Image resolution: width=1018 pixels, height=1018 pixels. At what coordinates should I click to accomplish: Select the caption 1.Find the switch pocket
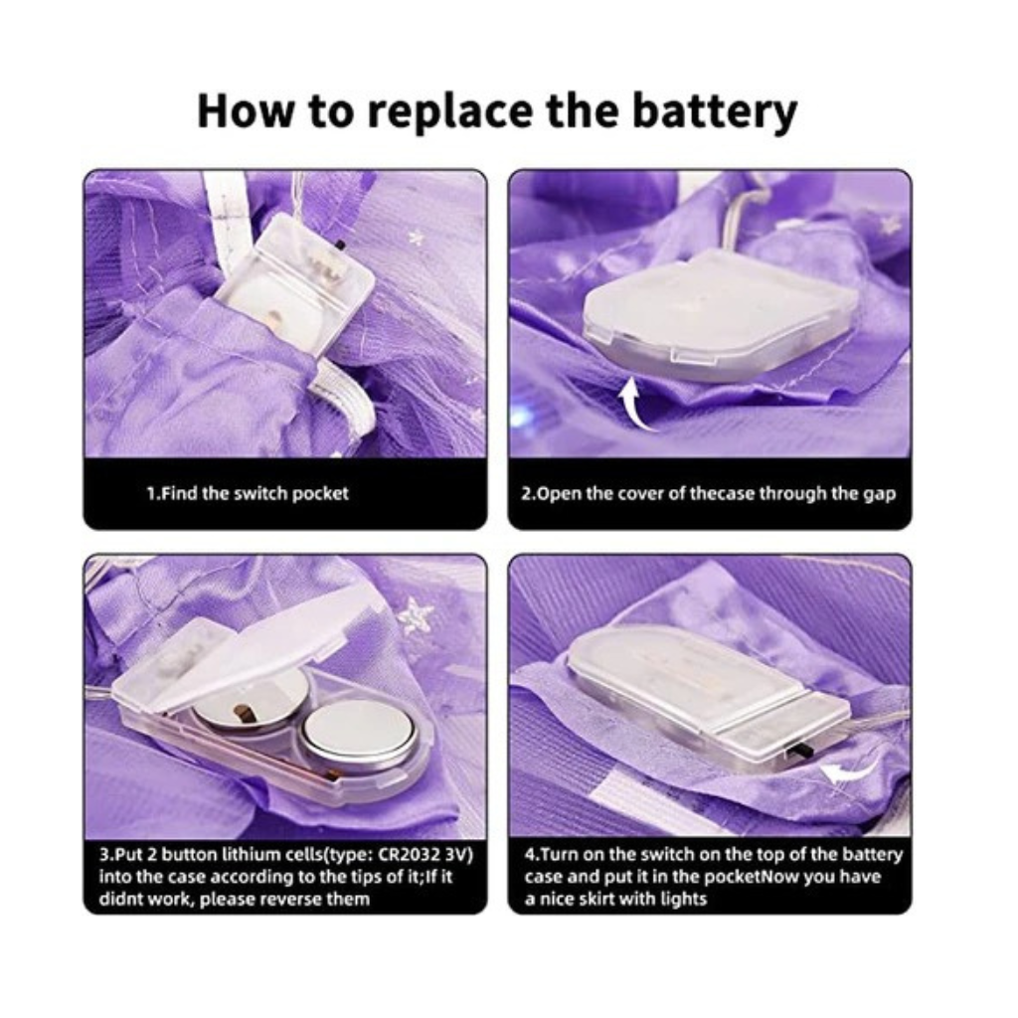pos(248,493)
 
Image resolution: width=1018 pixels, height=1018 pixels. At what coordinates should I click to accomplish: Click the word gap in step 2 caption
pos(879,495)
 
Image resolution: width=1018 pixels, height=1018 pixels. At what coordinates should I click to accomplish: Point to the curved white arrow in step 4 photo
pos(851,769)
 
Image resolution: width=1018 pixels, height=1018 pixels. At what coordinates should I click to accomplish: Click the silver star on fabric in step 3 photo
pos(412,615)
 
